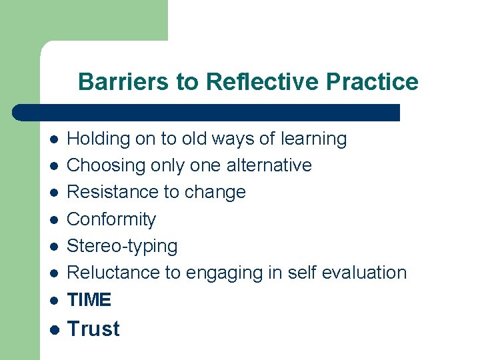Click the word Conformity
click(112, 219)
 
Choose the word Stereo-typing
click(123, 246)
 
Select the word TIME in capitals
click(89, 300)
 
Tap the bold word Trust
click(94, 329)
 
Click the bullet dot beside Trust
click(54, 329)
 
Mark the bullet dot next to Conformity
click(54, 219)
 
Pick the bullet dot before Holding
click(54, 139)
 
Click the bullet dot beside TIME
click(54, 301)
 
